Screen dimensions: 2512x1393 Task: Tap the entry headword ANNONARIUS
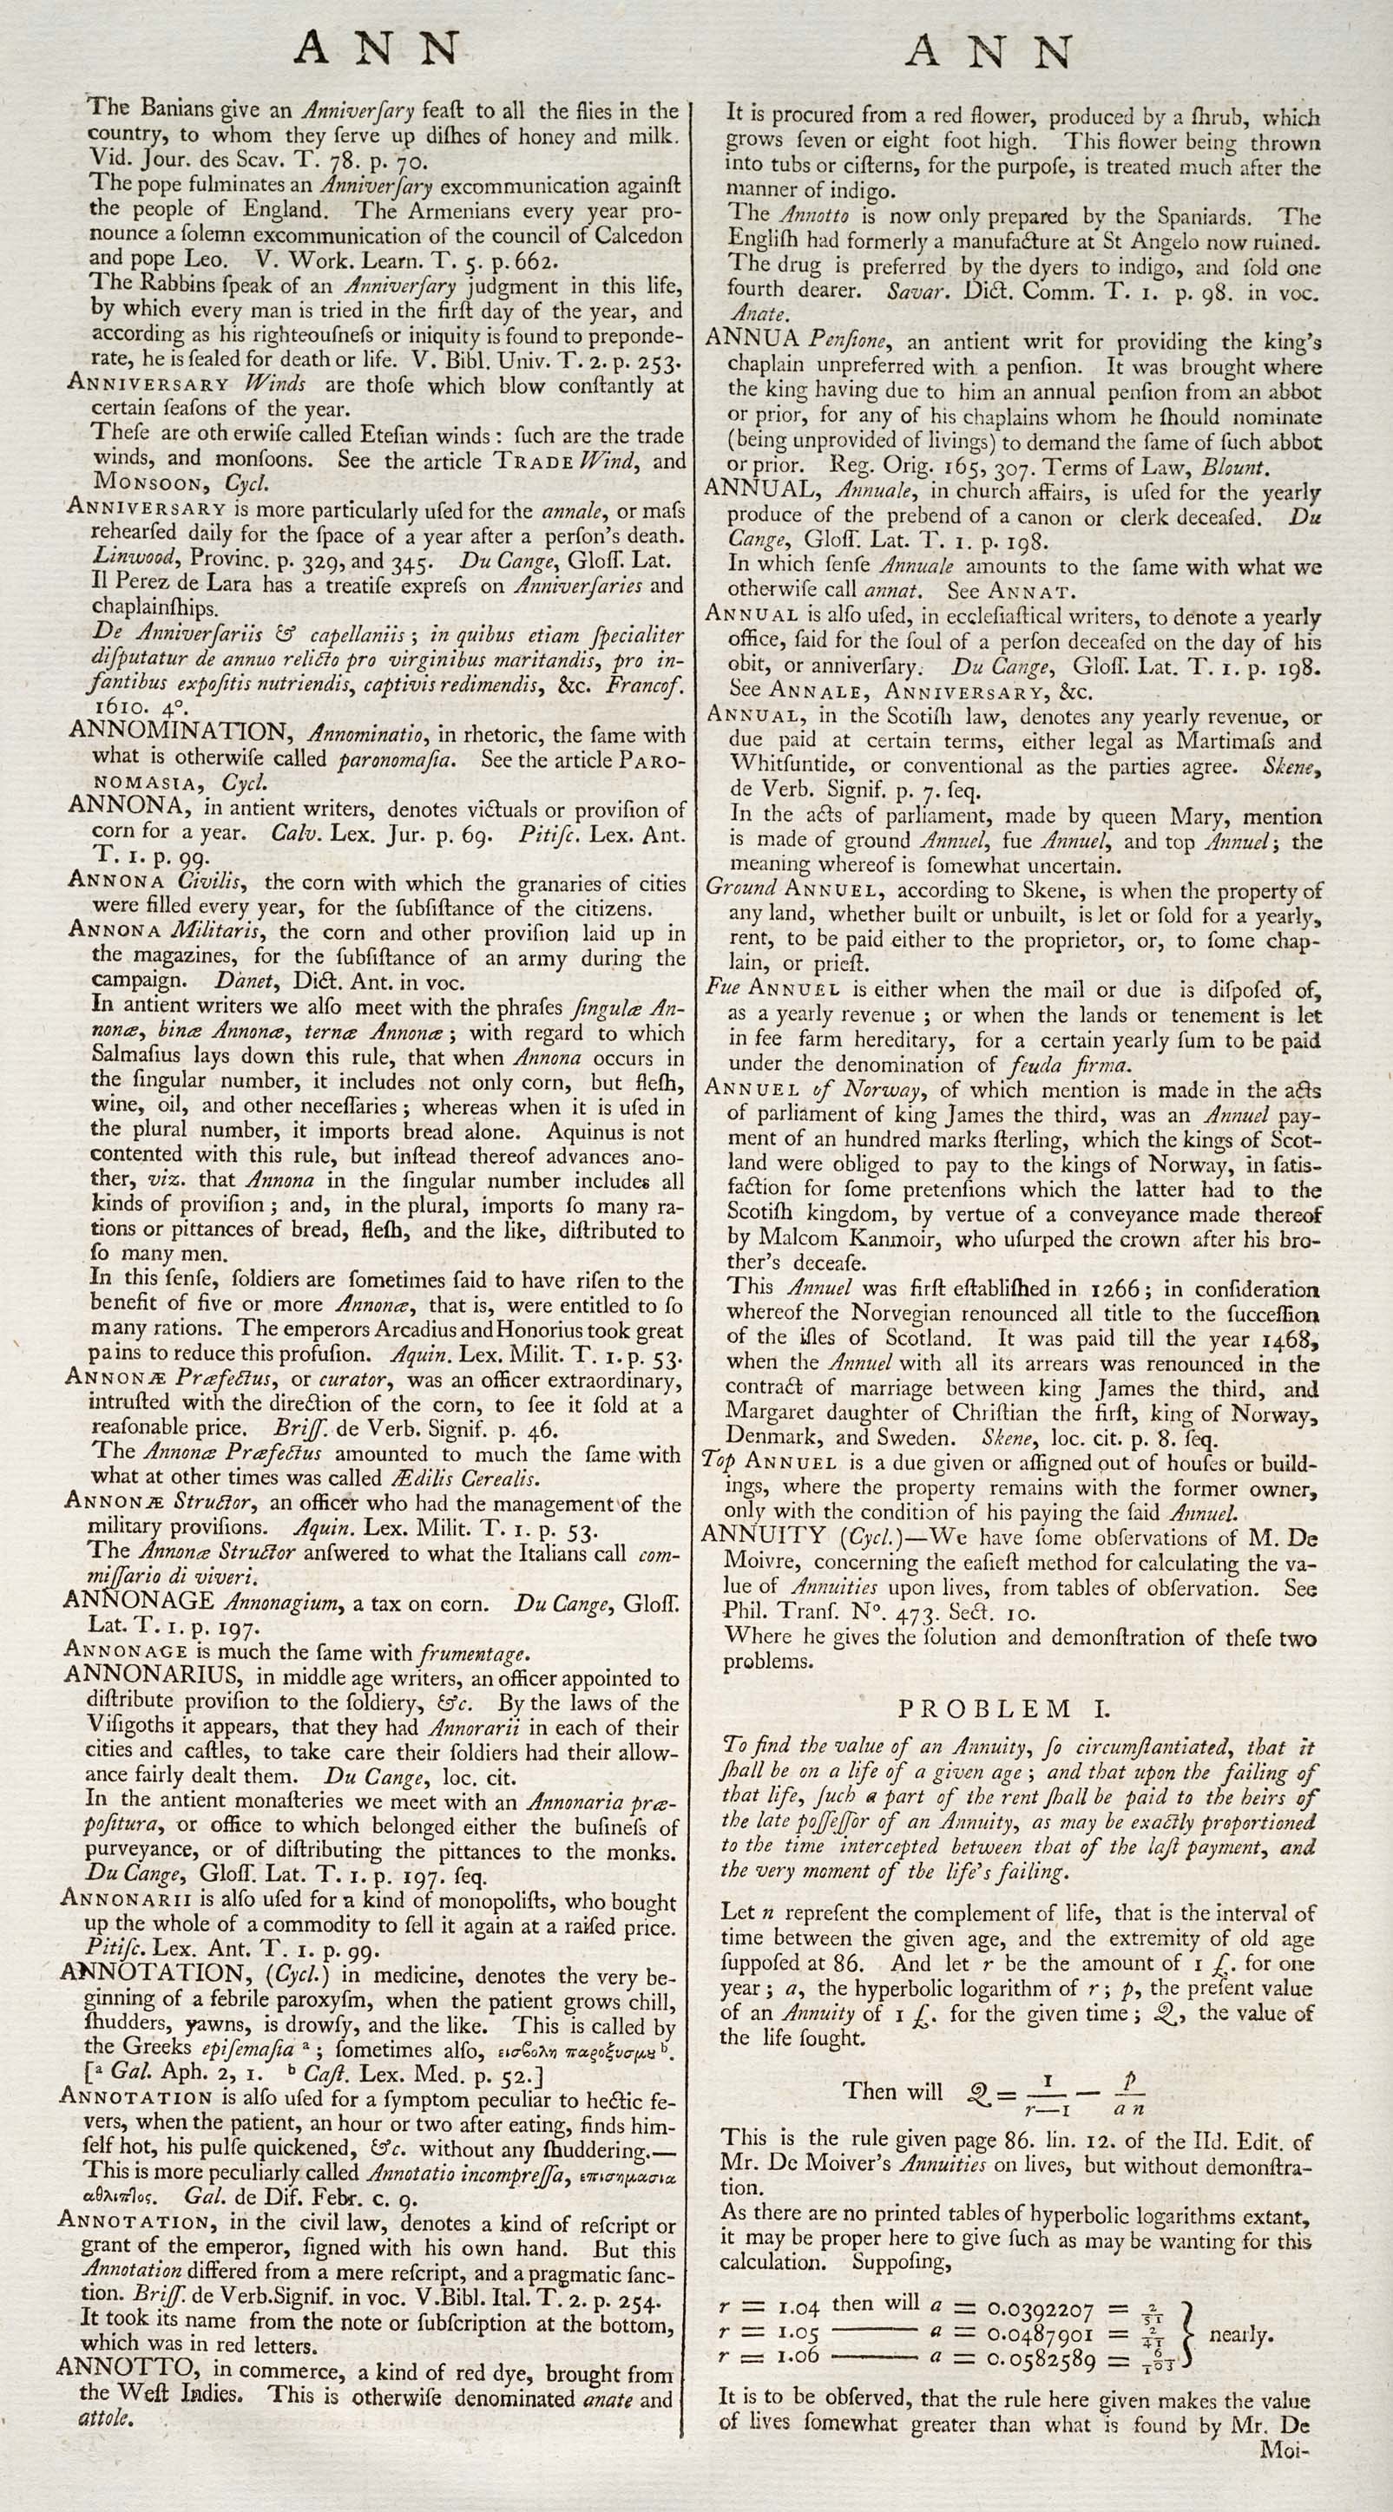[x=152, y=1676]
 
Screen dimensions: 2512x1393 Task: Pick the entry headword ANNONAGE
[x=140, y=1600]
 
